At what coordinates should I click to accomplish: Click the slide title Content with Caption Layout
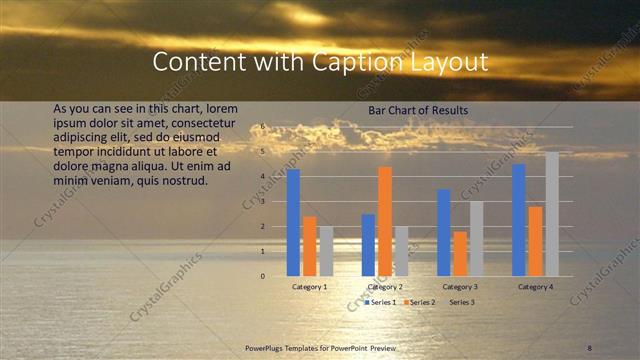(x=320, y=62)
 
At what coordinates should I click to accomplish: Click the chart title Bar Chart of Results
(x=418, y=110)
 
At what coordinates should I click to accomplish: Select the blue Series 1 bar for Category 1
(x=293, y=222)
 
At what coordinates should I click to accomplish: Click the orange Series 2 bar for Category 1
(x=310, y=246)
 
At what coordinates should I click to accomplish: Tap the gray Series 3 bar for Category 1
(x=326, y=251)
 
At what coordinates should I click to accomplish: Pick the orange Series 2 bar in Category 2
(x=385, y=221)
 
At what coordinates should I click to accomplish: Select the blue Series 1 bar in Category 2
(x=369, y=245)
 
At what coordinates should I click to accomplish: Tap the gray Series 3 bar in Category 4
(x=552, y=214)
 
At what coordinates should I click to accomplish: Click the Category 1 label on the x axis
(x=310, y=287)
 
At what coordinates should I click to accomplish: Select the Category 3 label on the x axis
(x=460, y=287)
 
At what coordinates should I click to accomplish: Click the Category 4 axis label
(x=536, y=287)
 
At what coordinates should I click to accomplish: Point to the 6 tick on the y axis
(x=264, y=127)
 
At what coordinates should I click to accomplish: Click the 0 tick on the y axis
(x=264, y=276)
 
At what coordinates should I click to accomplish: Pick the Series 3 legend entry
(x=461, y=301)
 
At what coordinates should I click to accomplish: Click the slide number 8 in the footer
(x=590, y=347)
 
